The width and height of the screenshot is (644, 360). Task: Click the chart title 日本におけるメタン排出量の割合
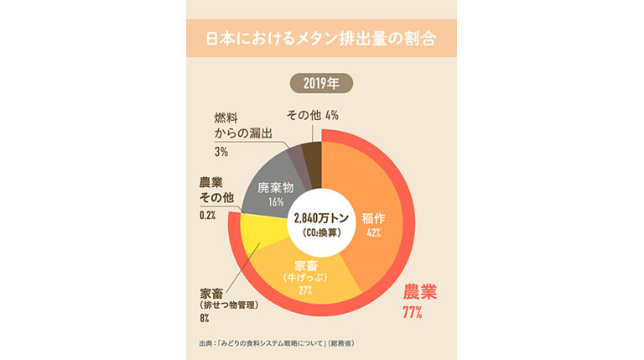322,39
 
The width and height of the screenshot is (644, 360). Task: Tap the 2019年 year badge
322,83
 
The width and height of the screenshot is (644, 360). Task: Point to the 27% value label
304,290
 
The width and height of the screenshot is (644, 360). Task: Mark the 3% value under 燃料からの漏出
221,152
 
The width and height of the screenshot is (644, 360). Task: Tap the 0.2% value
207,216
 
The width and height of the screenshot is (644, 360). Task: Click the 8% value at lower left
205,319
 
